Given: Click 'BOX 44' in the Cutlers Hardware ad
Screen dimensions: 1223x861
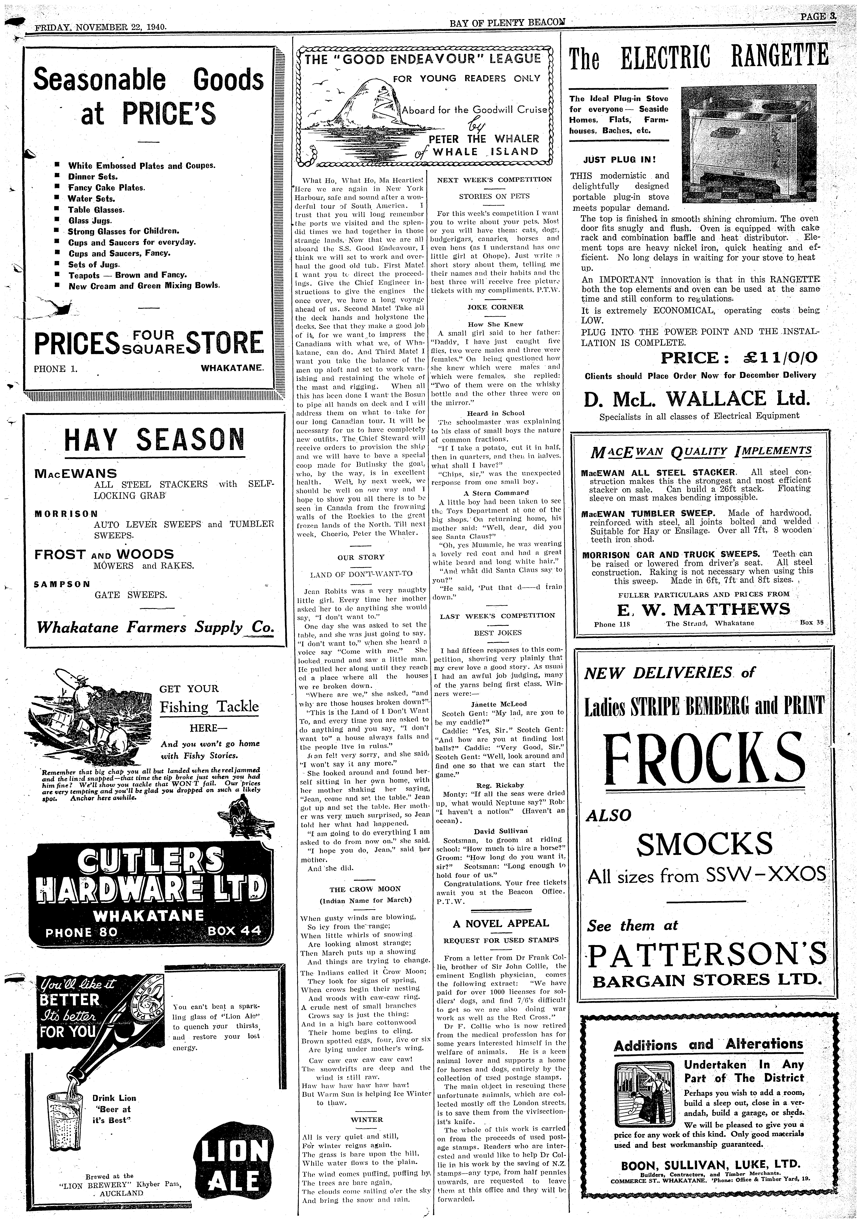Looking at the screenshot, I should coord(234,930).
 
